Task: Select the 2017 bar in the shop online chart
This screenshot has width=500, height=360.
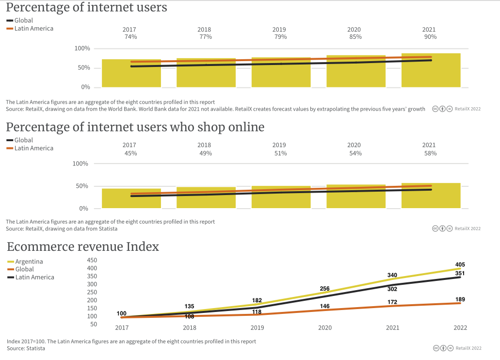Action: (x=131, y=198)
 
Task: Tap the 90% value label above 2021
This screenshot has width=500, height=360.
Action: (x=430, y=37)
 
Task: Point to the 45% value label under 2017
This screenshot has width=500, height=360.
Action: (x=130, y=153)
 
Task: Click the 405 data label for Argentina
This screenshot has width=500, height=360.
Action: (x=460, y=264)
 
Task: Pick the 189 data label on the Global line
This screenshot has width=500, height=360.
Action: (x=460, y=299)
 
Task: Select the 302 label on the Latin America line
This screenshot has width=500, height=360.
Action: (x=392, y=289)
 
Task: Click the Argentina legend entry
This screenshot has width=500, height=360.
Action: (x=29, y=262)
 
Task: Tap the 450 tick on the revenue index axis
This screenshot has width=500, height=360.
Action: (x=92, y=260)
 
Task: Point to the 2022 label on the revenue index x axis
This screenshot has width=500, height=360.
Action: (x=460, y=328)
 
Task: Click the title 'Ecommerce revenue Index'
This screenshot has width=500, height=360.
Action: (x=83, y=247)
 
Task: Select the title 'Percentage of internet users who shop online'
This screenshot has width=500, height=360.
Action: (x=135, y=127)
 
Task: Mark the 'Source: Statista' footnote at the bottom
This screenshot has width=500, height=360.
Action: (x=26, y=348)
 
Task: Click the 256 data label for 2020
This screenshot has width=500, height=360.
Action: (x=325, y=289)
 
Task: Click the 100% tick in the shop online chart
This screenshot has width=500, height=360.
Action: (x=81, y=164)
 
